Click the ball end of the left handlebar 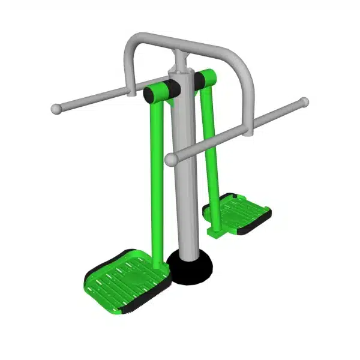(56, 109)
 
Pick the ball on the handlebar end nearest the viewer (171, 160)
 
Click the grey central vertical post (184, 198)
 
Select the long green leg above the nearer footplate (154, 180)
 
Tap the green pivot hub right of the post (205, 78)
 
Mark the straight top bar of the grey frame (186, 44)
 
